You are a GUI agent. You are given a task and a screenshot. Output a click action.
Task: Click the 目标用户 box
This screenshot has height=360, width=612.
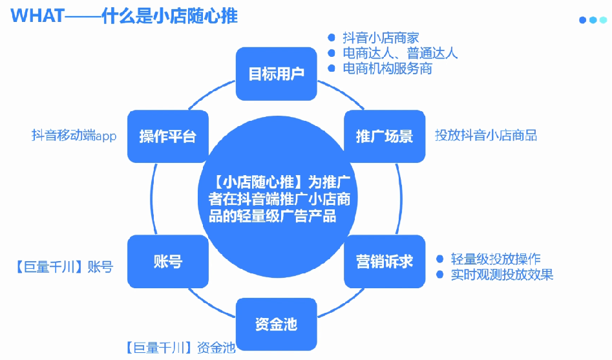point(277,74)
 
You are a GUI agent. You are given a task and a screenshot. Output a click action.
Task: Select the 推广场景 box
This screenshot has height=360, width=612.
point(385,136)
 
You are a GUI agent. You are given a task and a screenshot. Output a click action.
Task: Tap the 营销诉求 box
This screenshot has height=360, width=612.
point(385,262)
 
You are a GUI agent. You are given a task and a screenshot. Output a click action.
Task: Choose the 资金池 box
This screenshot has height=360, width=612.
point(277,324)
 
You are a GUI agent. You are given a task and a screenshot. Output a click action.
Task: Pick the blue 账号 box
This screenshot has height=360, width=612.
point(168,262)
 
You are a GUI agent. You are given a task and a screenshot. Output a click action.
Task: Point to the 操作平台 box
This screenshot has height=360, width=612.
point(168,136)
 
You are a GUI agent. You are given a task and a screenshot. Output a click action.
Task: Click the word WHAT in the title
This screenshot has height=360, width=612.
point(37,16)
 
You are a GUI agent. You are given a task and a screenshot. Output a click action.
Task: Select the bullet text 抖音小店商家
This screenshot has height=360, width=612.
point(381,38)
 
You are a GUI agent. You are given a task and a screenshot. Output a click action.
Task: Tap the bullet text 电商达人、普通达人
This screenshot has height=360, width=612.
point(400,53)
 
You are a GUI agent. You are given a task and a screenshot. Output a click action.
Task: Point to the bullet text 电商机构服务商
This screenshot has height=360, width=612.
point(387,69)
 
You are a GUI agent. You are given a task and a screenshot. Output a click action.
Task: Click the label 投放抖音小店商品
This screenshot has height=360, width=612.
point(486,136)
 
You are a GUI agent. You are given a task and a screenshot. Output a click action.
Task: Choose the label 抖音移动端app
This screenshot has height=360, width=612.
point(74,136)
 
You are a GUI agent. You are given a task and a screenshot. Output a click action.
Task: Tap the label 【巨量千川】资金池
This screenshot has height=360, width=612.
point(180,348)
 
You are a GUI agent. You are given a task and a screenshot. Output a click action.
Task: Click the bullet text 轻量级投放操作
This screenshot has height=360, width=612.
point(496,259)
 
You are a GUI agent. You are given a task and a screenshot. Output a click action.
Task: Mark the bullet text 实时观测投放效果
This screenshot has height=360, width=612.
point(502,275)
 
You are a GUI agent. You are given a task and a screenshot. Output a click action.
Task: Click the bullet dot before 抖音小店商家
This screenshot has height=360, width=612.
point(332,38)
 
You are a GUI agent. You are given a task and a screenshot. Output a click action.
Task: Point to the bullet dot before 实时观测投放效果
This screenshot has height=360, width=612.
point(440,275)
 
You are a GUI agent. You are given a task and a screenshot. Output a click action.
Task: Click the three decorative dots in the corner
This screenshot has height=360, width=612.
point(593,20)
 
